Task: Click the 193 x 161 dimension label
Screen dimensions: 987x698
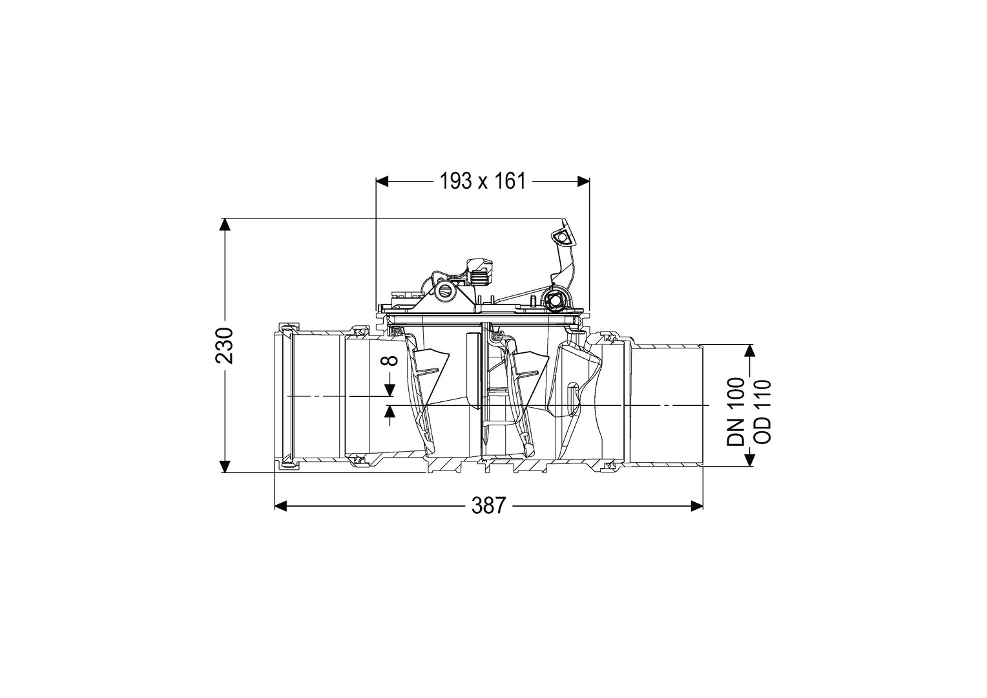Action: click(483, 181)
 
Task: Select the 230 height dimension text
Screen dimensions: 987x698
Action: click(224, 345)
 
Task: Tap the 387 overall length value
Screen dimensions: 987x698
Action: click(488, 506)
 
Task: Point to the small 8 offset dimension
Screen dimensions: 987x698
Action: click(390, 361)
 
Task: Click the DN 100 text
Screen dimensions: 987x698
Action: click(735, 412)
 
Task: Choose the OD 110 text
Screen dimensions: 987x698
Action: click(762, 412)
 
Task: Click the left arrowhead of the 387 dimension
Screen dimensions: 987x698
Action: click(281, 506)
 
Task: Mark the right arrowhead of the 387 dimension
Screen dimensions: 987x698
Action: click(696, 506)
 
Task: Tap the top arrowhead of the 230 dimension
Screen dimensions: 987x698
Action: click(225, 224)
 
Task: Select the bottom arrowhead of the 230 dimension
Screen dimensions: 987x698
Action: click(225, 467)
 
